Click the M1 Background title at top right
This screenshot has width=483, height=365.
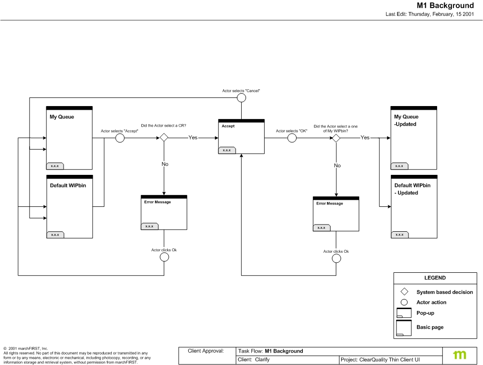(445, 6)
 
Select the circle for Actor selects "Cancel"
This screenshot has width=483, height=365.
(241, 97)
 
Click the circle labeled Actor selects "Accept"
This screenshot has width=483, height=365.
(120, 138)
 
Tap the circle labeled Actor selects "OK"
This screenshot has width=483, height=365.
(292, 138)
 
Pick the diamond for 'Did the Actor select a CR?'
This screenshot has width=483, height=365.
(164, 138)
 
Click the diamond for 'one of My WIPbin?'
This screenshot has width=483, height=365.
(336, 138)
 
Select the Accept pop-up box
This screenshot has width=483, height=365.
(241, 137)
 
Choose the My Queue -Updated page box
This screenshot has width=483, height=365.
(414, 138)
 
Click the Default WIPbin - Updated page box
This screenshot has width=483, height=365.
(414, 206)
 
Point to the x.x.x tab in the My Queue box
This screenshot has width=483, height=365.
(55, 166)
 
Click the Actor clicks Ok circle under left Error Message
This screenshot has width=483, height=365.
(164, 257)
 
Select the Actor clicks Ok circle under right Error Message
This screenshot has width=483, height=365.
(336, 258)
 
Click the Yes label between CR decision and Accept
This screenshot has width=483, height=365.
(193, 138)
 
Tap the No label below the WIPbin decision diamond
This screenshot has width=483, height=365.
(337, 165)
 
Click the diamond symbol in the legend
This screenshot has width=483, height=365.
(404, 291)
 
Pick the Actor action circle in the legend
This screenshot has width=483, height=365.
(404, 302)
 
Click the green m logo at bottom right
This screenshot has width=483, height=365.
(460, 354)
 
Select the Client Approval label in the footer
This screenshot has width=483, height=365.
(206, 351)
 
